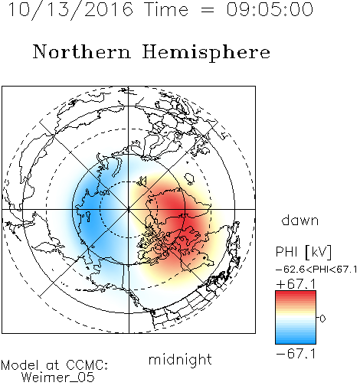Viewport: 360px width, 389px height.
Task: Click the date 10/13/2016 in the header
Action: pyautogui.click(x=70, y=9)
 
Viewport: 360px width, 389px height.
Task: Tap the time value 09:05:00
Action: pyautogui.click(x=270, y=9)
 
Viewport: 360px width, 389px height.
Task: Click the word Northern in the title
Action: pyautogui.click(x=82, y=51)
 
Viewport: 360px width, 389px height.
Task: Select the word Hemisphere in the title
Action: pyautogui.click(x=206, y=53)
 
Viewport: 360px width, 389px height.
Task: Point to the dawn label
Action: pyautogui.click(x=300, y=220)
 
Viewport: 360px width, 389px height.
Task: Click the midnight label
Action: pyautogui.click(x=180, y=359)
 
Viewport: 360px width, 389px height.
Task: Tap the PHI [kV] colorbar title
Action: pyautogui.click(x=303, y=252)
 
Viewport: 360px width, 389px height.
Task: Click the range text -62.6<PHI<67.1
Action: pyautogui.click(x=316, y=270)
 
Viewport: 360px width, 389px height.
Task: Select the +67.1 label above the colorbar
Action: pyautogui.click(x=296, y=284)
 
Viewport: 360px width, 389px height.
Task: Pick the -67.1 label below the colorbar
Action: pyautogui.click(x=296, y=354)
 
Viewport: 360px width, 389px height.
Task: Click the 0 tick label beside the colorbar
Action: pyautogui.click(x=322, y=319)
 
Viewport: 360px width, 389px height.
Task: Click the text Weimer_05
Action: pyautogui.click(x=58, y=377)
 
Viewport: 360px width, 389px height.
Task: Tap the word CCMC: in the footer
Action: pyautogui.click(x=87, y=365)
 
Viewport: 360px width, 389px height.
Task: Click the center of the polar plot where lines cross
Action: pyautogui.click(x=129, y=209)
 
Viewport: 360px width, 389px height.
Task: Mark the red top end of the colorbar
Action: pyautogui.click(x=296, y=293)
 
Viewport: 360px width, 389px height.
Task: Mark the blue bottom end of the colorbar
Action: pyautogui.click(x=296, y=342)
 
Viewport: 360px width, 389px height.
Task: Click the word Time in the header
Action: pyautogui.click(x=166, y=9)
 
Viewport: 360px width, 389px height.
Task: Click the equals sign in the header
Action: pyautogui.click(x=208, y=10)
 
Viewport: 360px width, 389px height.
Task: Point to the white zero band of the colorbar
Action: pyautogui.click(x=296, y=318)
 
